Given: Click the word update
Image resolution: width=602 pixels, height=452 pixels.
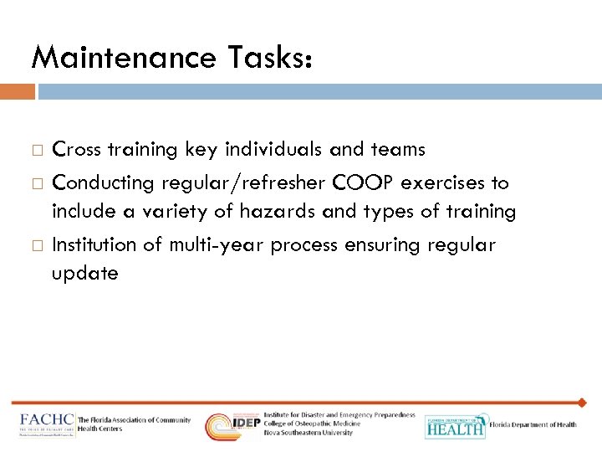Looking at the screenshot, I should point(85,274).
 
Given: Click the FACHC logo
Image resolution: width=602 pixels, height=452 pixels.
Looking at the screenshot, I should point(47,424).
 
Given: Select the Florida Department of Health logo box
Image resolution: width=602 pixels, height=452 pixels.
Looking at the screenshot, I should point(455,426).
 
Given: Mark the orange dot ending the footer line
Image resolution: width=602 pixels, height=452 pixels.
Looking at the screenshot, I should point(583,403).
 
